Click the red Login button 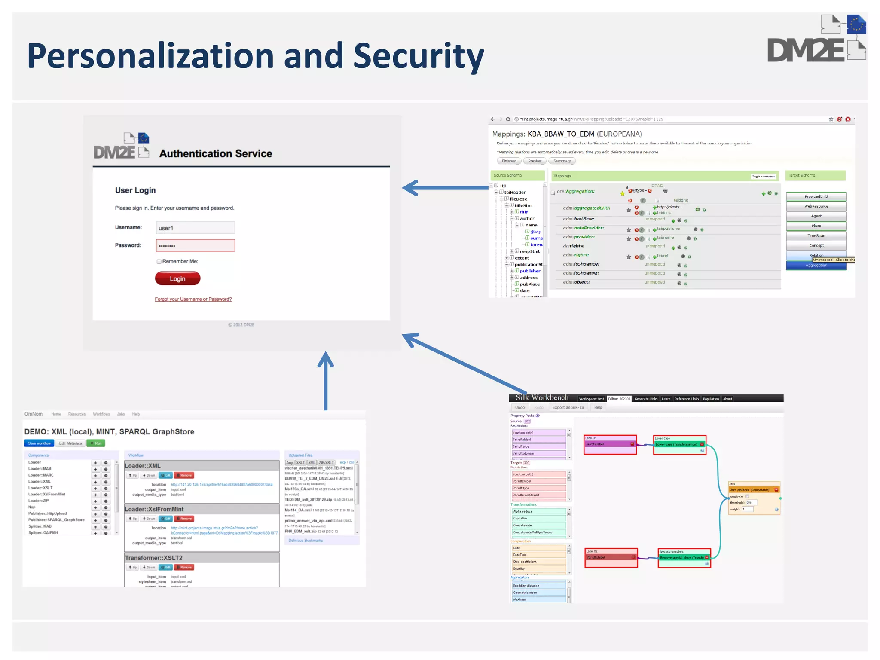tap(177, 278)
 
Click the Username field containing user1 tap(195, 228)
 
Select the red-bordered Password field tap(195, 245)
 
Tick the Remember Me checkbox tap(159, 261)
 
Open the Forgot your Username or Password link tap(193, 299)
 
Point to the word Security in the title tap(419, 56)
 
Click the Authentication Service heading tap(216, 153)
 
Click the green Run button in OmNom tap(96, 443)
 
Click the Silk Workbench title tap(542, 398)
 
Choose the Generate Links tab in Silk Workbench tap(645, 399)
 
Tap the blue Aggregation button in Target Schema tap(816, 266)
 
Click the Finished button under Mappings tap(509, 161)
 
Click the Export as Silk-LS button tap(568, 407)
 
